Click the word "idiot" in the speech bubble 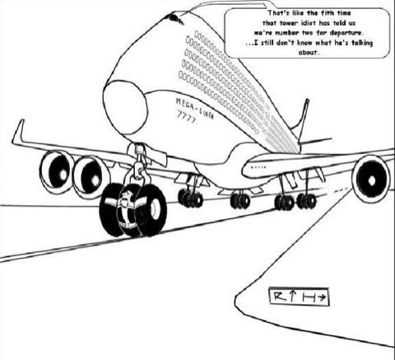point(309,23)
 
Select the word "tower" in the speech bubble point(290,23)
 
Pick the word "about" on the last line point(309,53)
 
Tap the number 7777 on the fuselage point(187,117)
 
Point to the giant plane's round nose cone point(125,107)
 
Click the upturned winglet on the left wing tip point(18,130)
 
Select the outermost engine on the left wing point(57,171)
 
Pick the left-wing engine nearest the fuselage point(90,176)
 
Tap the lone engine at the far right point(371,179)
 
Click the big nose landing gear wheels point(133,210)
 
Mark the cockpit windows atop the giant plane point(174,18)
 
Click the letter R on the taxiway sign point(280,297)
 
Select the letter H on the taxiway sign point(309,297)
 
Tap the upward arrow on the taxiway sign point(293,296)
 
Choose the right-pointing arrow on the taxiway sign point(322,297)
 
